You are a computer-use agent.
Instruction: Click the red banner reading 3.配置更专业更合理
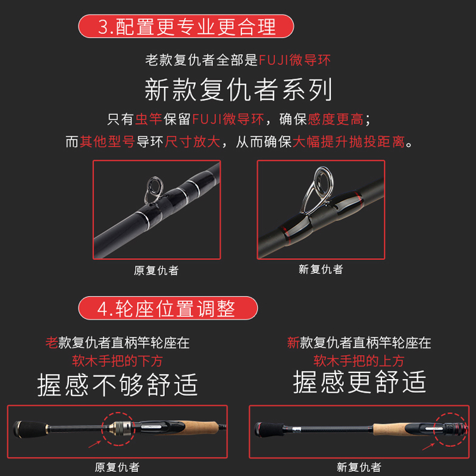[186, 26]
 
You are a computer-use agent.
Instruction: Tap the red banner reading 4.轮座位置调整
[168, 308]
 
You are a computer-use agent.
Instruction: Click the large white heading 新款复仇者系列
[239, 90]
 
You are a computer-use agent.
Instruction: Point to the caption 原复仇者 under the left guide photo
[156, 270]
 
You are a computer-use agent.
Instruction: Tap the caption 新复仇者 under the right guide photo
[321, 270]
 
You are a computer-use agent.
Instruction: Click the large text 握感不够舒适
[117, 384]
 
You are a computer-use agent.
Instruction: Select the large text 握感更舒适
[359, 382]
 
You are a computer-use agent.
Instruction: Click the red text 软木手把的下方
[117, 361]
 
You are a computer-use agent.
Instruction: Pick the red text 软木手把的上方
[359, 361]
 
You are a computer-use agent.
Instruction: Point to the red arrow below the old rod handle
[95, 444]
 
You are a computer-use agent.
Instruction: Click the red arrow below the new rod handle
[428, 447]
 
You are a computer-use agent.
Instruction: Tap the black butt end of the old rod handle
[30, 428]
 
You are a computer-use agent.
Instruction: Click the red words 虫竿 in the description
[148, 119]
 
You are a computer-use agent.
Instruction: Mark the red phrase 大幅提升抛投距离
[349, 142]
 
